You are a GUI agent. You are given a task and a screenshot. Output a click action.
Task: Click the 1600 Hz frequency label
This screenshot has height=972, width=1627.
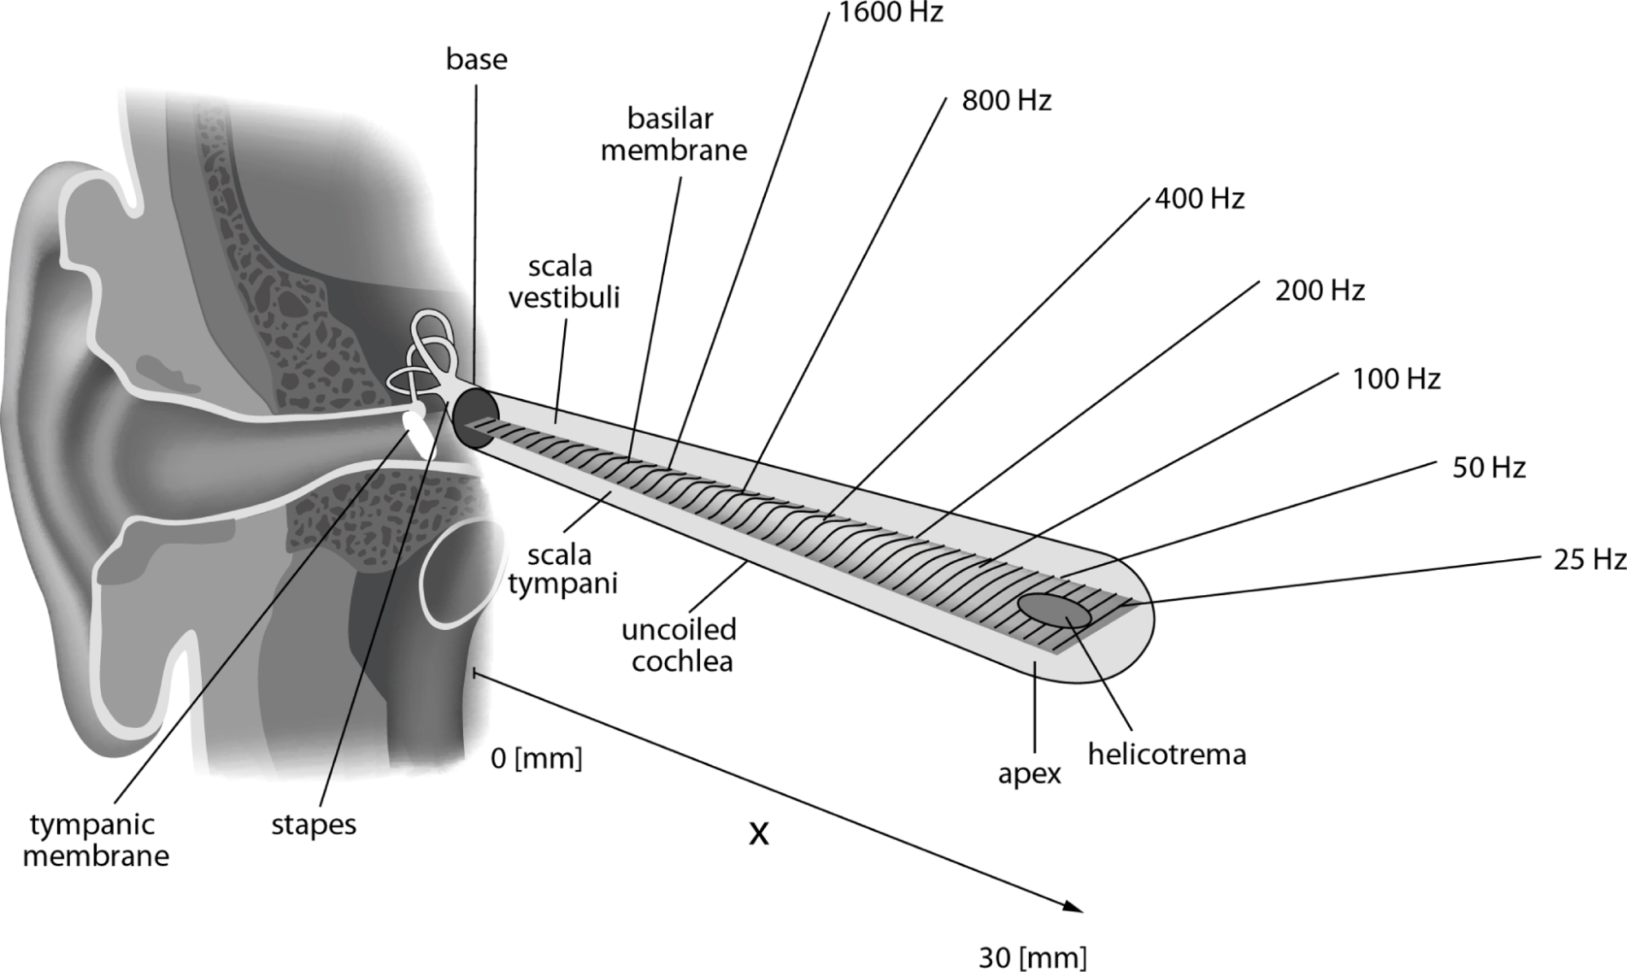(890, 12)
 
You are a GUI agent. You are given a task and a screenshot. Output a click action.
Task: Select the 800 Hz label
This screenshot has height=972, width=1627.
(1007, 101)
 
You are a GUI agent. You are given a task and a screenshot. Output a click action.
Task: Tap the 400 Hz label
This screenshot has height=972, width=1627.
(1200, 199)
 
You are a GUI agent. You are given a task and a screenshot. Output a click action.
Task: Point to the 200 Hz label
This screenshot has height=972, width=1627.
(1319, 290)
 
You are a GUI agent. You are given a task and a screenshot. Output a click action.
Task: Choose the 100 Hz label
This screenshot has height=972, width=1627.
(1397, 379)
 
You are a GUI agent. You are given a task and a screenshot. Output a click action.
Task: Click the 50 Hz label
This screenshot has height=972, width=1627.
(1489, 467)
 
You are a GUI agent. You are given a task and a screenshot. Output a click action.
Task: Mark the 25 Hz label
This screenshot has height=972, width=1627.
(1590, 559)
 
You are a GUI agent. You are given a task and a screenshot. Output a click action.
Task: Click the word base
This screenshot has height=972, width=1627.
(477, 59)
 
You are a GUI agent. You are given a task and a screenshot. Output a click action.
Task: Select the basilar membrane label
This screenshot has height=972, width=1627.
(674, 134)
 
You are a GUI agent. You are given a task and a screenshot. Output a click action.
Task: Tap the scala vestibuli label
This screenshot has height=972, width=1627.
(564, 282)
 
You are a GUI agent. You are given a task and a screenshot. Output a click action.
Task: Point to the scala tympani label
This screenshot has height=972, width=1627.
(562, 570)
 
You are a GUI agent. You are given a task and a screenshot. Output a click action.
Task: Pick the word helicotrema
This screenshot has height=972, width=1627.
(1167, 755)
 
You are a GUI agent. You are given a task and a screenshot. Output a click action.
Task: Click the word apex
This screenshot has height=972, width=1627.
(1030, 774)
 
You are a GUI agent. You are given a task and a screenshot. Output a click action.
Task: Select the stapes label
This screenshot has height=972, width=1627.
(313, 825)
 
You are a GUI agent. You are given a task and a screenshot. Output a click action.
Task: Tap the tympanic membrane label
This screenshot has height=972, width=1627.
(96, 840)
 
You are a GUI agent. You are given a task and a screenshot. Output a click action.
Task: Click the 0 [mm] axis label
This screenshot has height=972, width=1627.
(537, 759)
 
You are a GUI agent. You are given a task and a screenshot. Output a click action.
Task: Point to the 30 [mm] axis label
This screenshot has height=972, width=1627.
(1032, 957)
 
